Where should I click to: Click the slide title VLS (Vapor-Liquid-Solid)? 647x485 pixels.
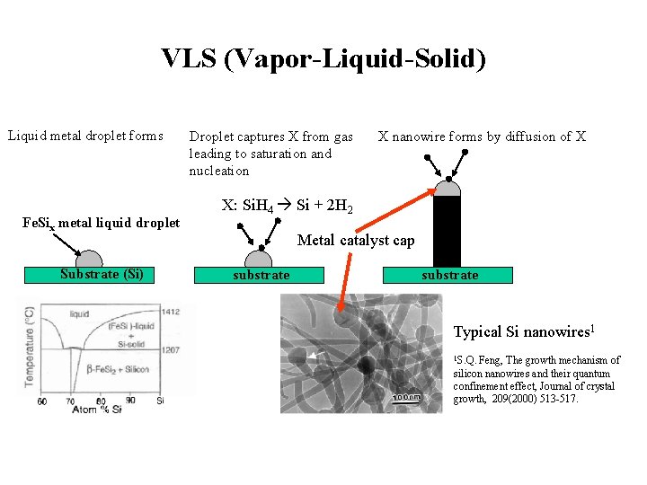coord(323,59)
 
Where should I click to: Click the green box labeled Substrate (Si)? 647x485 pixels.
coord(102,275)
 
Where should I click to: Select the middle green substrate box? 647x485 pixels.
coord(261,275)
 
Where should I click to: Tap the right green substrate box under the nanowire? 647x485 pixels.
coord(449,275)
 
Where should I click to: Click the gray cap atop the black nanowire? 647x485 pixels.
coord(447,188)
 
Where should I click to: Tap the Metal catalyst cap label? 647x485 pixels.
coord(356,240)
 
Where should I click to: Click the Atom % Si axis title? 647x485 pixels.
coord(92,410)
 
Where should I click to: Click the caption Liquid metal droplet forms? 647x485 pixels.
coord(85,137)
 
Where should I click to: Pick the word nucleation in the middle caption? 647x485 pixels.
coord(218,171)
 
